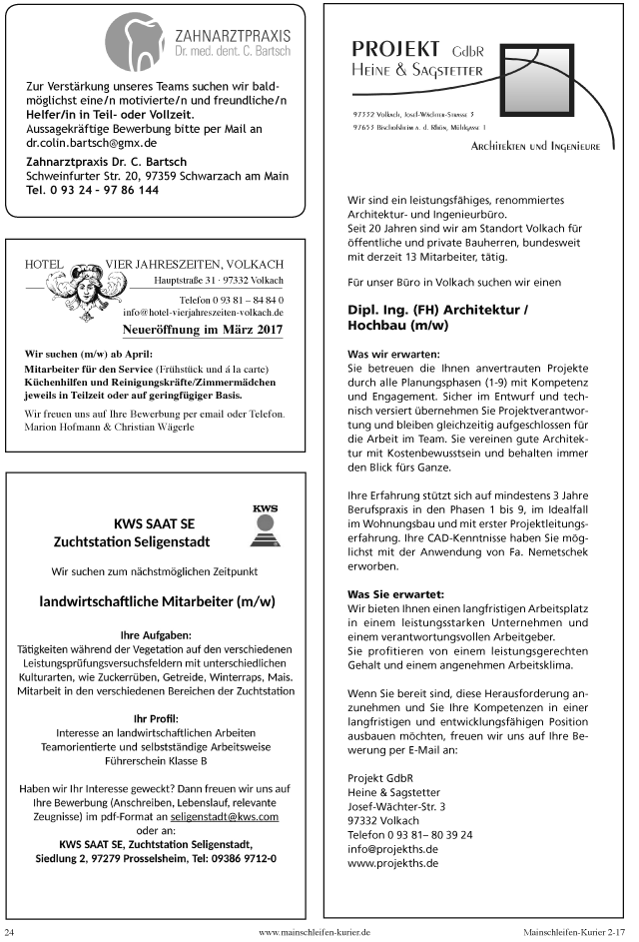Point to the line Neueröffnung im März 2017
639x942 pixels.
click(202, 329)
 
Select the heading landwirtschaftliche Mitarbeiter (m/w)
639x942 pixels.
click(157, 602)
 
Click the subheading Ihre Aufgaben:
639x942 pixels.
click(157, 634)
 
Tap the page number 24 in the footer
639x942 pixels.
click(10, 931)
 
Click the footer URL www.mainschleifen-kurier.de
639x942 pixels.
click(315, 931)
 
